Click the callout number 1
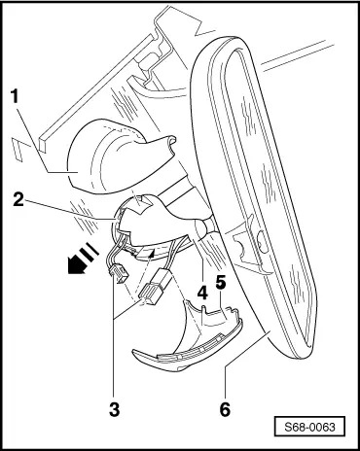[15, 96]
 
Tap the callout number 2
[18, 199]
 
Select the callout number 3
[114, 409]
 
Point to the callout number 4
[202, 294]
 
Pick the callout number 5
[221, 282]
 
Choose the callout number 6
[225, 409]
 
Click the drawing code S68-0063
[309, 427]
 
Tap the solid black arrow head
[76, 264]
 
